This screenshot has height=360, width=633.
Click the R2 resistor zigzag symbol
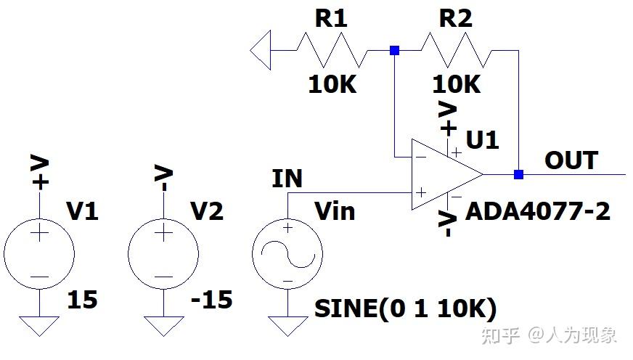point(456,51)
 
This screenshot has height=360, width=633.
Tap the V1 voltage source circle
point(39,254)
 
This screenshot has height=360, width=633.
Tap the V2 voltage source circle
point(163,254)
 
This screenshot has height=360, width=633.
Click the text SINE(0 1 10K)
point(405,309)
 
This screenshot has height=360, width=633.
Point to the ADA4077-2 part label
point(538,211)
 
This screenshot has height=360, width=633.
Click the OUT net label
point(571,160)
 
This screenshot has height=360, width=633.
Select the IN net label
point(287,179)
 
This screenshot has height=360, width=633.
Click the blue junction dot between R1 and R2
point(394,51)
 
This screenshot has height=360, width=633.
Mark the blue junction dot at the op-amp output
point(518,174)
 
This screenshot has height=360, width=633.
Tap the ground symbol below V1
point(39,324)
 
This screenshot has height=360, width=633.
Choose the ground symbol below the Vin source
point(287,324)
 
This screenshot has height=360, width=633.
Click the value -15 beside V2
point(211,299)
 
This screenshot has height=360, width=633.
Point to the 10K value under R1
point(332,85)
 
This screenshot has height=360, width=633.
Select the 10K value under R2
point(457,85)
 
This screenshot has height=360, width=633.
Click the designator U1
point(483,139)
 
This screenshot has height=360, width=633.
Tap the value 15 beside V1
point(82,299)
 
